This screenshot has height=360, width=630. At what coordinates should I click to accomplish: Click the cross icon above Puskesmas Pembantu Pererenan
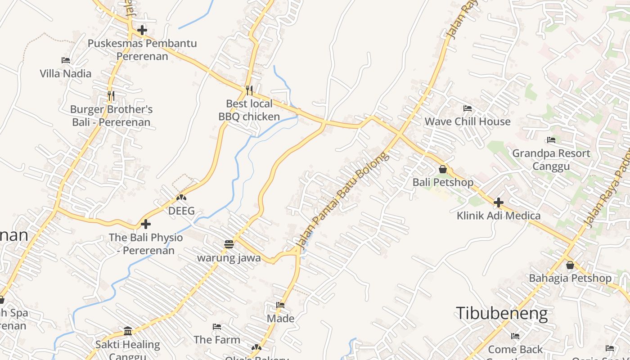142,30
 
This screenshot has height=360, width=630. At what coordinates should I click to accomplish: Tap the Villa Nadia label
65,73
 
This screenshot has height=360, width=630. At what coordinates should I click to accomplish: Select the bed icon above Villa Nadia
65,60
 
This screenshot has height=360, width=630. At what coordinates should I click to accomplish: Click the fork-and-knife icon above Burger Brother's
111,95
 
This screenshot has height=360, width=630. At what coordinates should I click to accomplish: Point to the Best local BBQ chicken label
249,110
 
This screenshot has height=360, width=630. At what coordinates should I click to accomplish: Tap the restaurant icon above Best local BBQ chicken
249,90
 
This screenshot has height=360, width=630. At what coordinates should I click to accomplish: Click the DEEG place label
181,211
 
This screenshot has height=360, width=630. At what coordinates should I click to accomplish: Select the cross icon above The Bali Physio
146,224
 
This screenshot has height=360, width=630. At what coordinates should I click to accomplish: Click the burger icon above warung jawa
229,244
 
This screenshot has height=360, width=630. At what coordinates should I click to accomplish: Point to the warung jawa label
229,258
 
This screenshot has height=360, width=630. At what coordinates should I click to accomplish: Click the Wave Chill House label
468,121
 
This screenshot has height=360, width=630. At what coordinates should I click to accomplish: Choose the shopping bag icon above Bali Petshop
443,169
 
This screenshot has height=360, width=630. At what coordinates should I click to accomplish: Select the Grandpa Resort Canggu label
551,160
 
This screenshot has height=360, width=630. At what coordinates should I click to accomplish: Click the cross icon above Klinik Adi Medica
499,202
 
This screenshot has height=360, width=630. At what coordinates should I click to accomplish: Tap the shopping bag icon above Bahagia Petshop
570,265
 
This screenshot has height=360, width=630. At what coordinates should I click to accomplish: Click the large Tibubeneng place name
502,313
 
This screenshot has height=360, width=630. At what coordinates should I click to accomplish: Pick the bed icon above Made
280,305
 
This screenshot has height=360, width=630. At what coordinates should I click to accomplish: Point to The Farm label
217,340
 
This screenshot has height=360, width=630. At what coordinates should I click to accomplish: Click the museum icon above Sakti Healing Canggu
128,331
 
